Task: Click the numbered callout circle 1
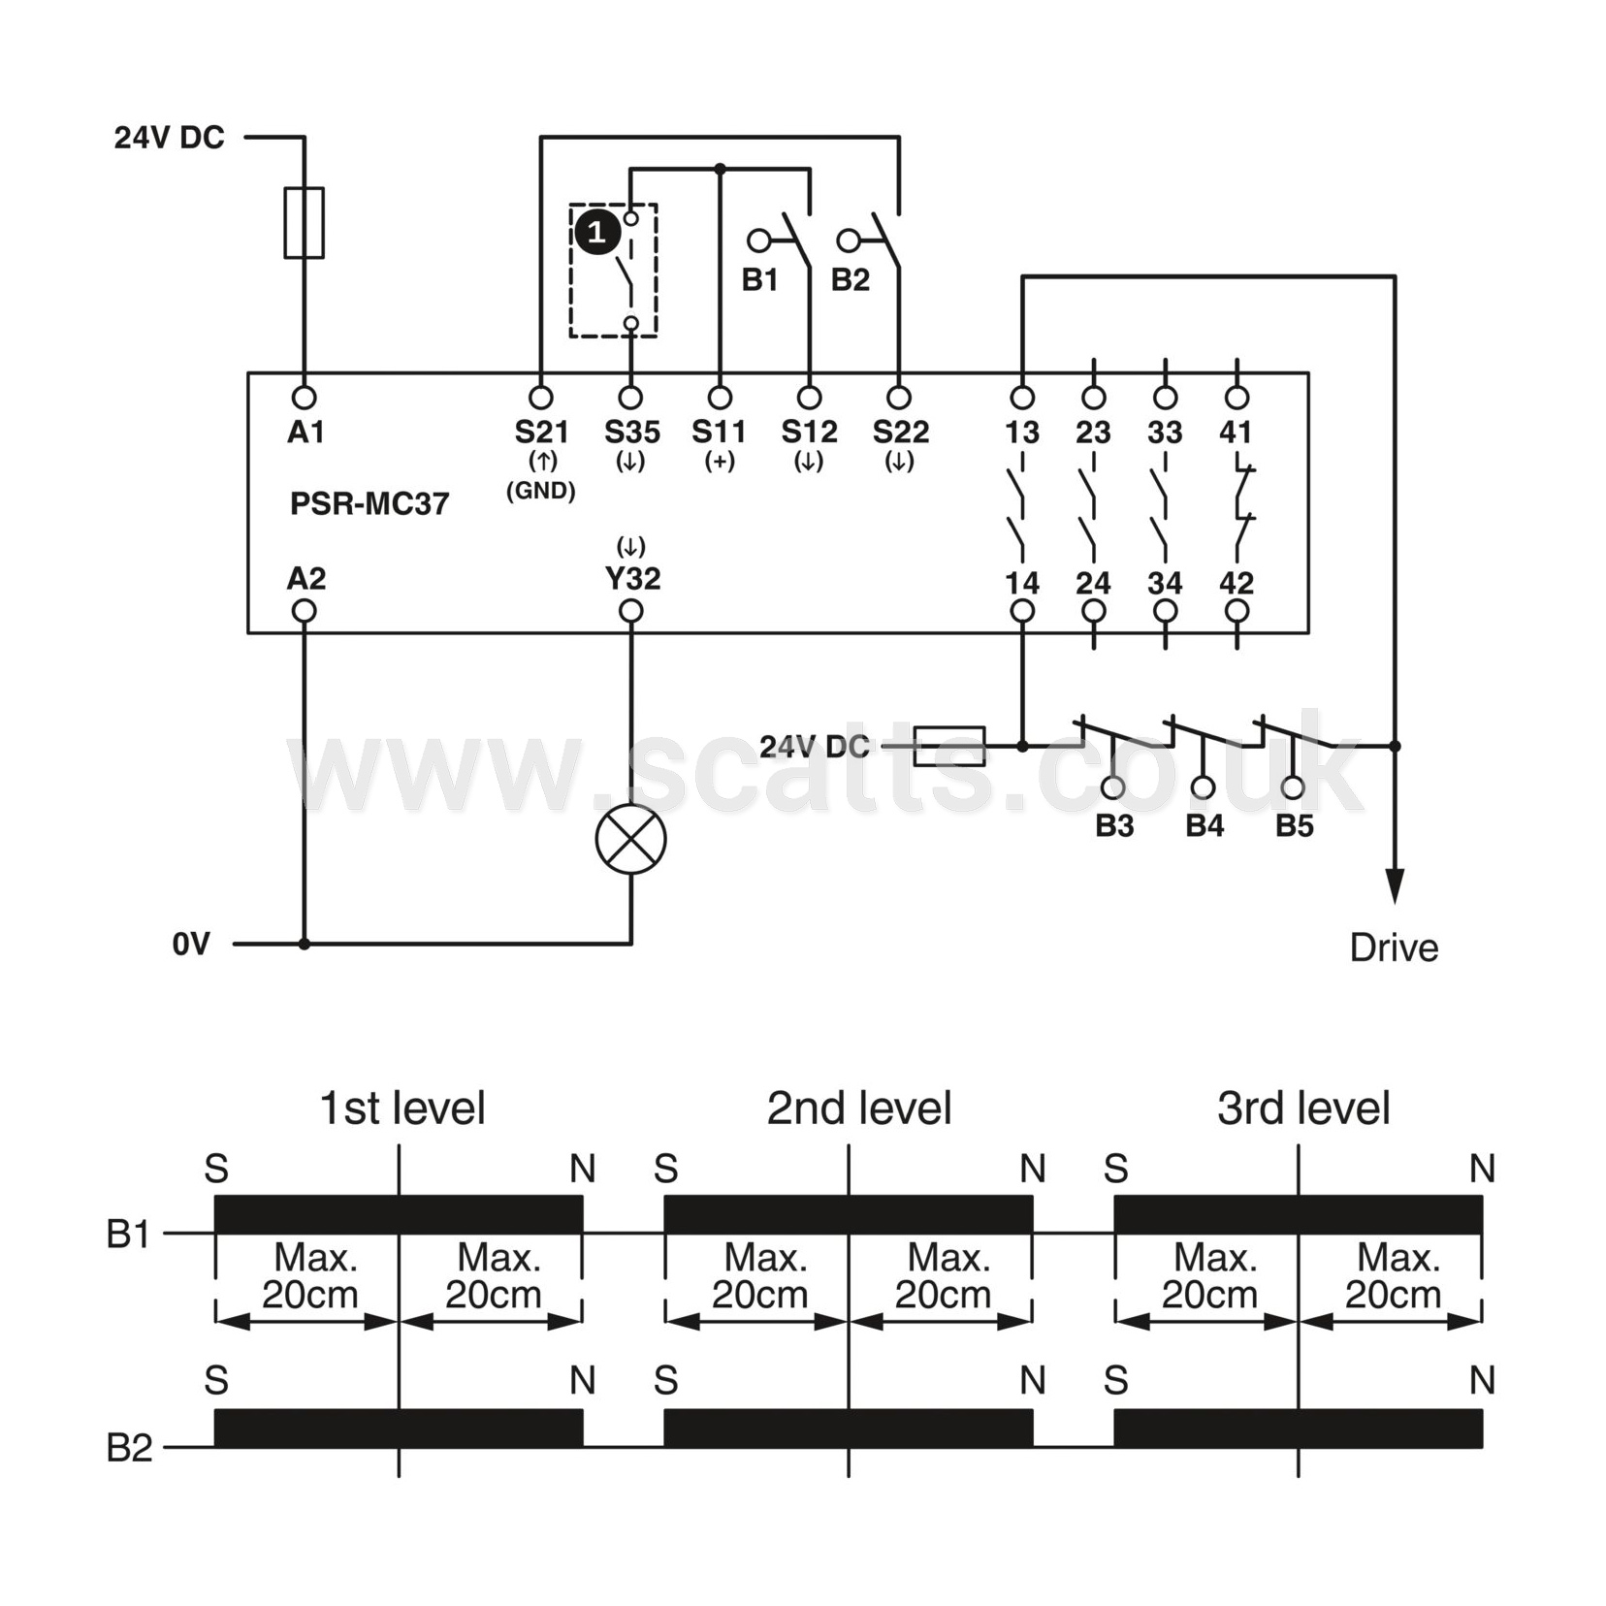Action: (596, 233)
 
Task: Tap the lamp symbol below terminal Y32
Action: (630, 839)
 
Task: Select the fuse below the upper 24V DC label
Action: (304, 223)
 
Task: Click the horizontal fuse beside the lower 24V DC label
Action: (949, 746)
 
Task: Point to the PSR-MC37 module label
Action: (369, 503)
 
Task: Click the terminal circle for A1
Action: (305, 398)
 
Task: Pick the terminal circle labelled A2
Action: (305, 611)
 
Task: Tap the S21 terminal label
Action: (541, 432)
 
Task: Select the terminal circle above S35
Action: (630, 398)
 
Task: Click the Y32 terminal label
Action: (632, 578)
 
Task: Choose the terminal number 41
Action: (1236, 432)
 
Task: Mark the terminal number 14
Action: (1022, 583)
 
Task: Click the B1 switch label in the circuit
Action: (760, 279)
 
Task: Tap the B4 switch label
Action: (1204, 825)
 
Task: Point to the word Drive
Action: (1394, 948)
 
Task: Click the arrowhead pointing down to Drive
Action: (1395, 886)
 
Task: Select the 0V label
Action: (191, 944)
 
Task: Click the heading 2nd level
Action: (859, 1108)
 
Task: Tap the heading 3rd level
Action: (1303, 1108)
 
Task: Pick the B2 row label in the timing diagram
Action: (129, 1448)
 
